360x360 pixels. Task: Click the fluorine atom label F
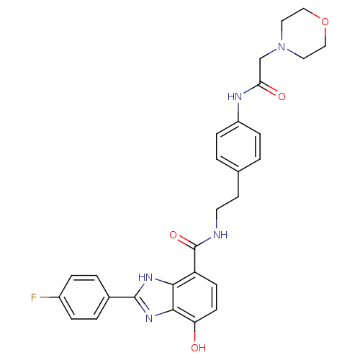(x=34, y=297)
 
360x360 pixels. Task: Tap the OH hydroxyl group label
(x=199, y=348)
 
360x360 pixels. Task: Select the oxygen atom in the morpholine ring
(x=325, y=22)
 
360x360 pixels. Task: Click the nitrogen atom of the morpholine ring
(x=282, y=47)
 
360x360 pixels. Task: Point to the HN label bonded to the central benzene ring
(x=235, y=96)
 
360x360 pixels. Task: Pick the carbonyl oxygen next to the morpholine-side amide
(x=282, y=96)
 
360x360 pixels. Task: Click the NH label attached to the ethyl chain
(x=220, y=235)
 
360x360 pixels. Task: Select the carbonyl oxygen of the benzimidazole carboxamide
(x=173, y=235)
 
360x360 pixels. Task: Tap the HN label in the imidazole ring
(x=145, y=278)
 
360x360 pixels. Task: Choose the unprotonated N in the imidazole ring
(x=149, y=318)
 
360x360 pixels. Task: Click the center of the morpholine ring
(x=303, y=34)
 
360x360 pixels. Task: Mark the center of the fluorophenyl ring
(x=84, y=297)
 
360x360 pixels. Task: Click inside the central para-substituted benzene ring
(x=238, y=146)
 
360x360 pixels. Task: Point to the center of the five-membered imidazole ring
(x=156, y=297)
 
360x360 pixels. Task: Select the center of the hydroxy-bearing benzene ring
(x=195, y=297)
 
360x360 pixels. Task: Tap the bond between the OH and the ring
(x=195, y=332)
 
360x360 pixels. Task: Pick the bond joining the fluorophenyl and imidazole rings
(x=122, y=297)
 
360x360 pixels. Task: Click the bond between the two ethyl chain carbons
(x=228, y=203)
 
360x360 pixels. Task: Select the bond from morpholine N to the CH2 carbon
(x=269, y=54)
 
